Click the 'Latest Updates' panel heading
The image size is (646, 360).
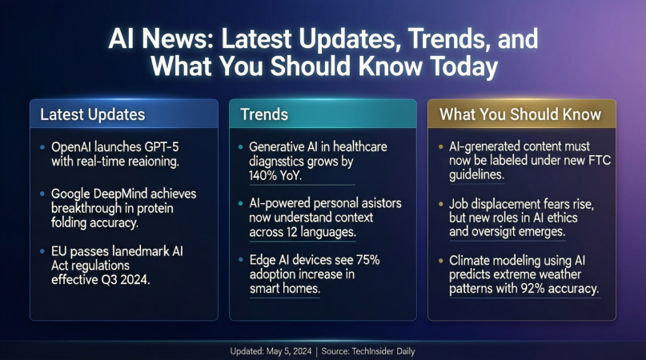click(x=93, y=114)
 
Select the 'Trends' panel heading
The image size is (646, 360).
click(x=264, y=114)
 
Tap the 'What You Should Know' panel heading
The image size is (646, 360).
click(x=520, y=114)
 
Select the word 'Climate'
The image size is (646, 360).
click(x=473, y=260)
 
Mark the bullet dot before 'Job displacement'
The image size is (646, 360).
click(x=442, y=205)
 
